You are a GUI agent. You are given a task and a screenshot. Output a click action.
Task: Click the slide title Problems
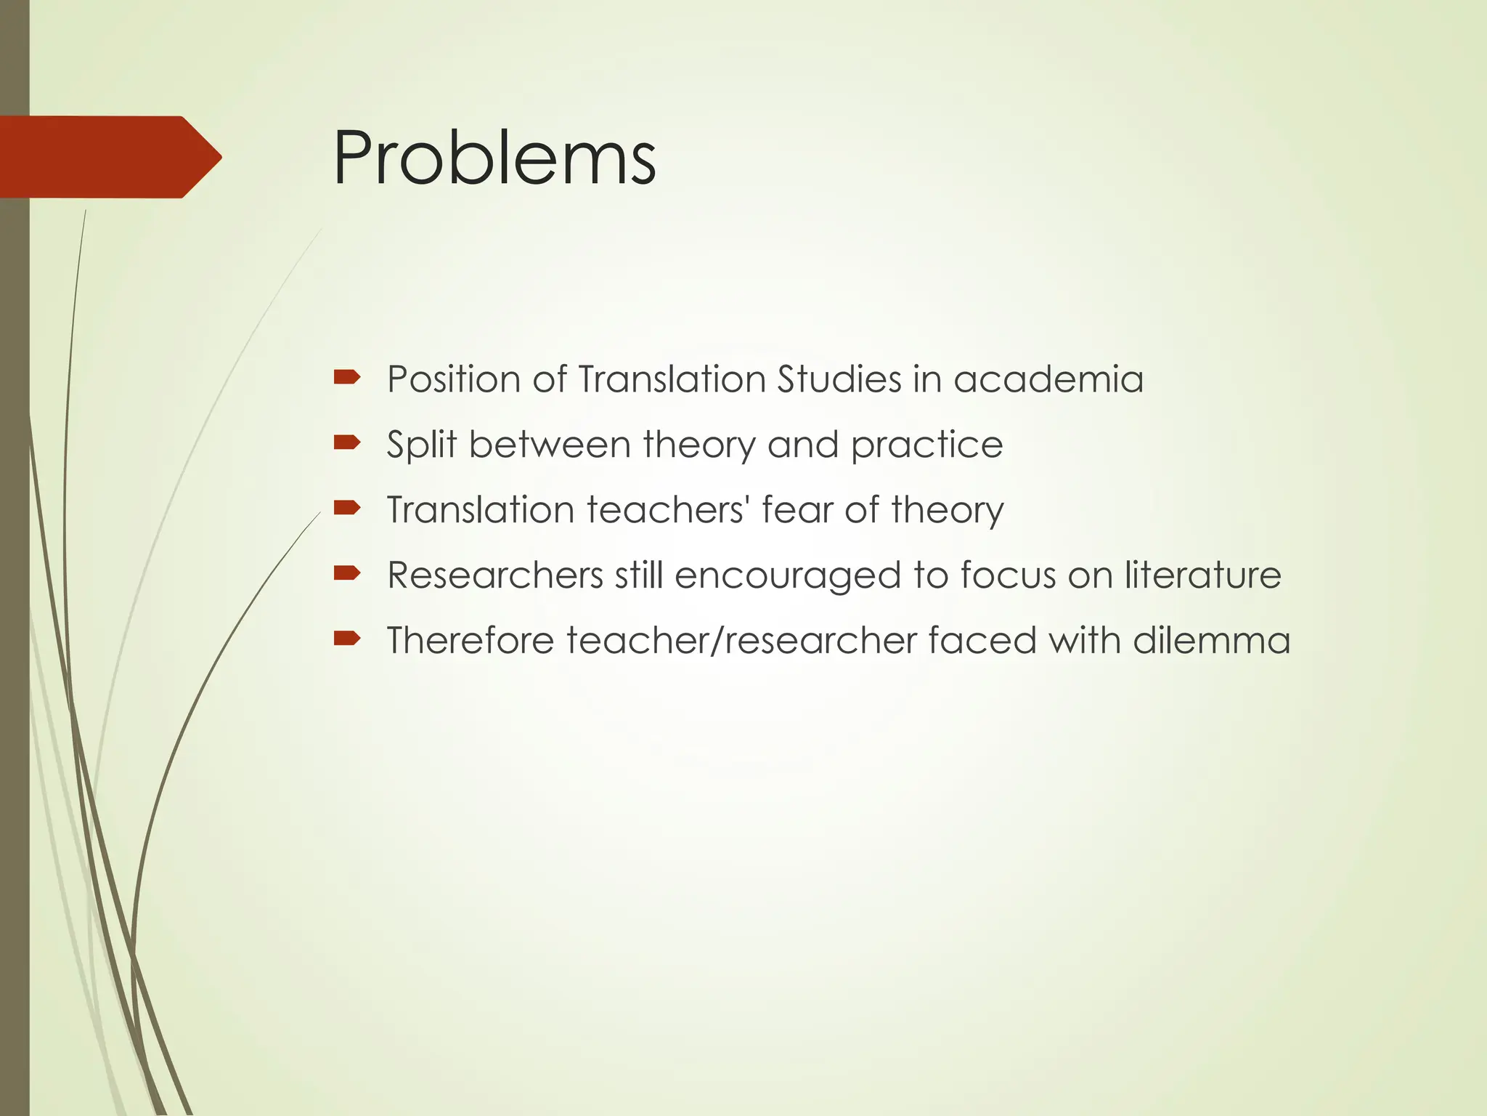tap(494, 158)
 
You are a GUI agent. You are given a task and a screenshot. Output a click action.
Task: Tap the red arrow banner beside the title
tap(109, 157)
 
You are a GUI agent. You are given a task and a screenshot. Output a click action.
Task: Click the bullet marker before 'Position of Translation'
tap(347, 377)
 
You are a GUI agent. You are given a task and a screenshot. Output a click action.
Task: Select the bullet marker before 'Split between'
tap(347, 442)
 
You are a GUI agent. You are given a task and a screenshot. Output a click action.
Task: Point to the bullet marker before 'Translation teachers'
tap(347, 508)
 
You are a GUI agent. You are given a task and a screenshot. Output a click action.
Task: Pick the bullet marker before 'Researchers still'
tap(347, 573)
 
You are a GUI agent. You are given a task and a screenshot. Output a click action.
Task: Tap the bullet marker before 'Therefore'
tap(347, 639)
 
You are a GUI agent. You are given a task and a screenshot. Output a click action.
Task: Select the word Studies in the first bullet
tap(839, 379)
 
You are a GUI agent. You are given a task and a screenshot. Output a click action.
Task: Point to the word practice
tap(926, 445)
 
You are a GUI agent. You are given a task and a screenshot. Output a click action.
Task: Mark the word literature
tap(1203, 575)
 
